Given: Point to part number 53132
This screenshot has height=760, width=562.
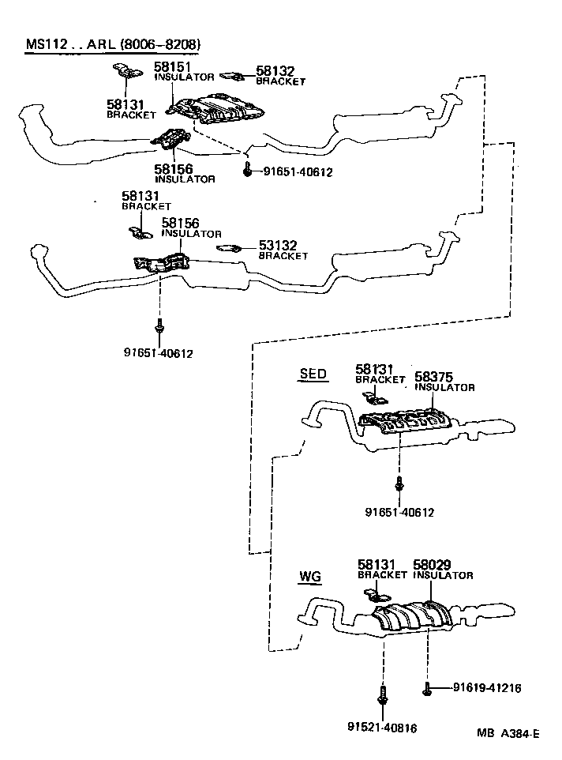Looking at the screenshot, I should point(276,246).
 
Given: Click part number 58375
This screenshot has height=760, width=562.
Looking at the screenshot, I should point(434,377).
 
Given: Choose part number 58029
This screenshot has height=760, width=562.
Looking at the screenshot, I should point(432,565).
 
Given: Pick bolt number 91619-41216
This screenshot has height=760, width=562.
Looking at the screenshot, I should point(487,688).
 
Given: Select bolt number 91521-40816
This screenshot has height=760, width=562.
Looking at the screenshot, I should point(382,727).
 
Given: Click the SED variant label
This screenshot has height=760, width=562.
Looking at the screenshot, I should point(313,374).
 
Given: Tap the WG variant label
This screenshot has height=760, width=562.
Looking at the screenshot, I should point(309,577).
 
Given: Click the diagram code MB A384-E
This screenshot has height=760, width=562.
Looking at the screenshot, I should point(508,734).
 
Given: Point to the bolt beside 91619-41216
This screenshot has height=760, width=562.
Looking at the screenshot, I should point(427,689).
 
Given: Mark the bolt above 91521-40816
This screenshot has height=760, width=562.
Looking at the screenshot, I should point(382,696).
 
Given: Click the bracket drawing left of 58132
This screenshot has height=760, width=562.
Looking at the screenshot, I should point(231,76).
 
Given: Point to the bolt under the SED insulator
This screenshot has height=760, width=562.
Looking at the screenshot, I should point(399,483).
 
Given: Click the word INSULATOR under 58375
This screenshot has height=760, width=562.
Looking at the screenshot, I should point(444,388).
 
